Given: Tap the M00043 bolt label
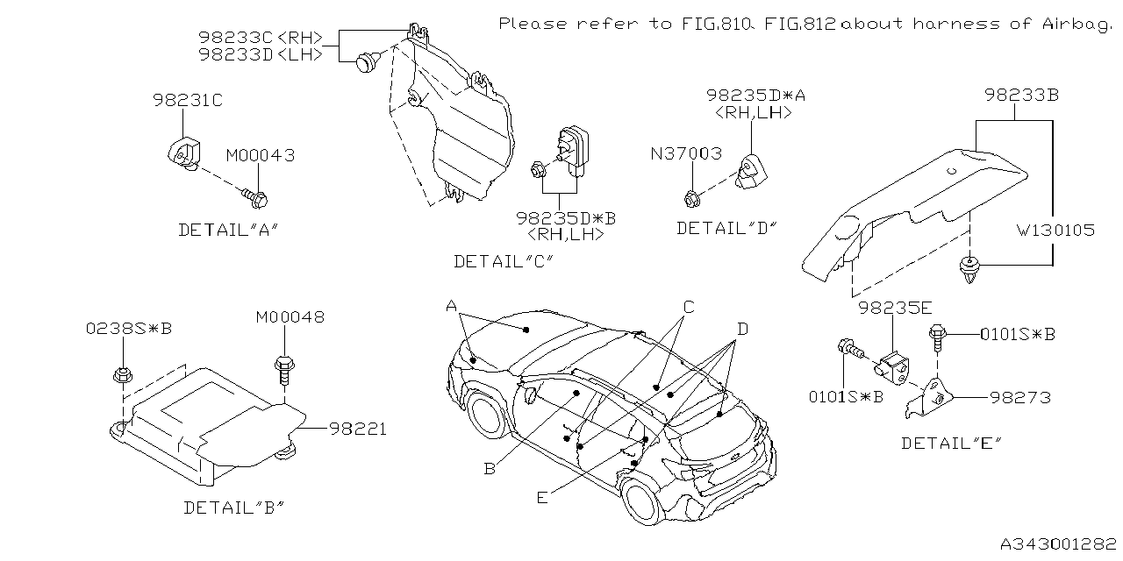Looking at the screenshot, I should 260,155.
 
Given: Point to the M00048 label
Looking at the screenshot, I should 290,316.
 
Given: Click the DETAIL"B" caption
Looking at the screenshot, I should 234,507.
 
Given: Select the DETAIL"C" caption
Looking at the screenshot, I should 504,260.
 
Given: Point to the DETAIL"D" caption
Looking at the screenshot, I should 727,228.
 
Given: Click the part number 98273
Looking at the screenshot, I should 1021,398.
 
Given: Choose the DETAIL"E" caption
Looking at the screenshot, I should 951,443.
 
